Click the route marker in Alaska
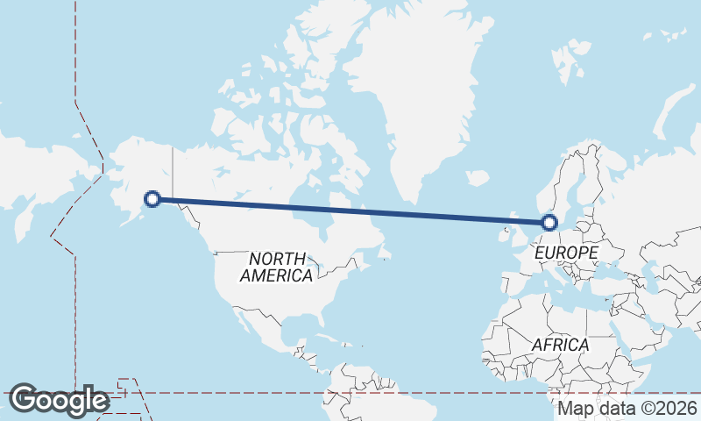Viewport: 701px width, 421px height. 152,199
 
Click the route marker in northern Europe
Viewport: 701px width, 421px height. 549,223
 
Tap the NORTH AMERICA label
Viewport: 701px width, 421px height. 277,267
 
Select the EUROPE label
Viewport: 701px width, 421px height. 565,253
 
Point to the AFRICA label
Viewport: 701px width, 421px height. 560,345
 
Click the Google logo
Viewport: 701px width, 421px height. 60,400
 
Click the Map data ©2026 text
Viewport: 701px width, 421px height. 627,408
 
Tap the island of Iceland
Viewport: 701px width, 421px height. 478,178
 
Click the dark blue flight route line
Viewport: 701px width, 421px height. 350,210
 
